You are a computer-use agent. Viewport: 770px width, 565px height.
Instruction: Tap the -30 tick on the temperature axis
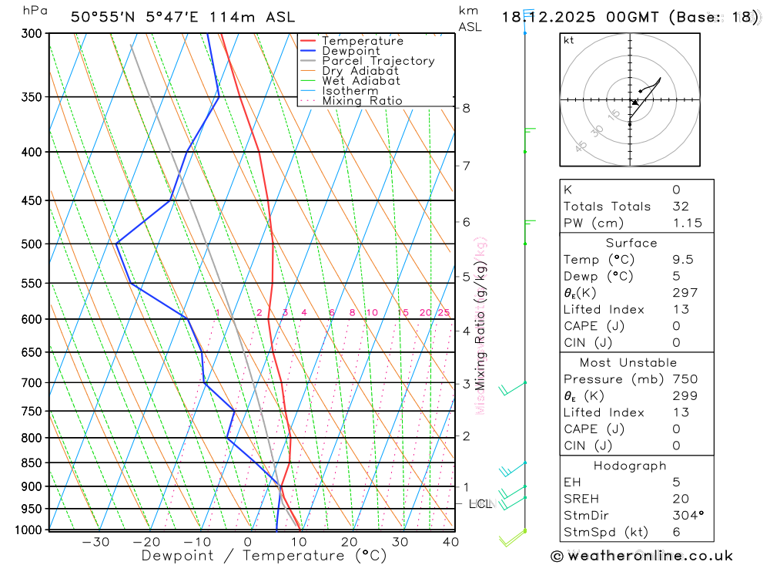(x=96, y=542)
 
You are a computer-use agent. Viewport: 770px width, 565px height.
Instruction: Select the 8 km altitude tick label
(x=466, y=108)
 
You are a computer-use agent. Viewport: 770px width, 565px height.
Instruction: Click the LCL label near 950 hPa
(x=480, y=504)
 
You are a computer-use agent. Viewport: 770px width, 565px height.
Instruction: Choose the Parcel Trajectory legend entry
(x=378, y=61)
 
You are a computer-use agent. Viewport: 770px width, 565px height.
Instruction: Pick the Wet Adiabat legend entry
(x=361, y=81)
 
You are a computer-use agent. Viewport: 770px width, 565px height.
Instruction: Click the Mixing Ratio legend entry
(x=362, y=101)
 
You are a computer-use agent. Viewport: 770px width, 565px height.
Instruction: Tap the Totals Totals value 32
(x=681, y=207)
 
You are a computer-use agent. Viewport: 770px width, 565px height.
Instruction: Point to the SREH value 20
(x=681, y=499)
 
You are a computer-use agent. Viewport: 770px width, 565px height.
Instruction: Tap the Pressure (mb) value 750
(x=684, y=379)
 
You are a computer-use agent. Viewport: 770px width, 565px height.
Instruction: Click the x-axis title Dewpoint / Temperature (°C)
(x=264, y=555)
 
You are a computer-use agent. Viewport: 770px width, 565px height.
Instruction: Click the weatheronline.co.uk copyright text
(x=642, y=556)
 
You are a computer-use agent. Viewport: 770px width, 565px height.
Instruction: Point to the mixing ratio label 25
(x=444, y=312)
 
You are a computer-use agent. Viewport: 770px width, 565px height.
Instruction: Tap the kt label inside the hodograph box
(x=569, y=40)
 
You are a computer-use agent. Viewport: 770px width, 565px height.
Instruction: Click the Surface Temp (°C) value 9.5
(x=682, y=260)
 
